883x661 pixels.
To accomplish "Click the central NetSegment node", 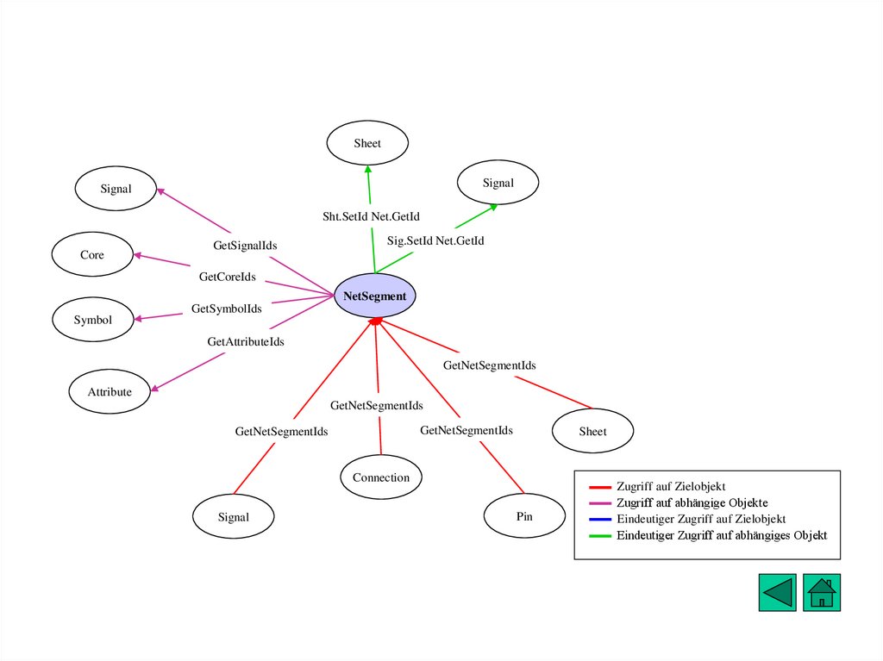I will click(x=374, y=296).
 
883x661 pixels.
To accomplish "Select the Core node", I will click(x=92, y=255).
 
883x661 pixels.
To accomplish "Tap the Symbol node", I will click(x=92, y=320).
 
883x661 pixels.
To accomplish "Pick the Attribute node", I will click(x=110, y=392).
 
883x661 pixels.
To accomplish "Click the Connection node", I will click(x=381, y=477).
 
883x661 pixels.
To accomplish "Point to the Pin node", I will click(x=524, y=517).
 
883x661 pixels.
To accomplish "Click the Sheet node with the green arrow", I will click(x=367, y=144).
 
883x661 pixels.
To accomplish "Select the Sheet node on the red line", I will click(x=592, y=432).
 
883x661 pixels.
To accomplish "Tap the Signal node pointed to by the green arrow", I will click(x=498, y=183).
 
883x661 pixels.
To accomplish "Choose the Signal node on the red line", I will click(x=233, y=517).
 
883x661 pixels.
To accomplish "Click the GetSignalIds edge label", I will click(x=245, y=246).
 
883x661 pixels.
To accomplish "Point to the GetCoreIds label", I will click(x=228, y=277).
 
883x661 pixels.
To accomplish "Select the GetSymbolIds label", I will click(x=226, y=309).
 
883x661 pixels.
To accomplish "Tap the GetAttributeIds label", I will click(x=246, y=342).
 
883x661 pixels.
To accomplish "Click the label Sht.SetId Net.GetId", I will click(x=371, y=216).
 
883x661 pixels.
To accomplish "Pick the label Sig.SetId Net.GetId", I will click(x=435, y=240).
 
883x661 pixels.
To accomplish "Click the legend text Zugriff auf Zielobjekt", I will click(x=671, y=487).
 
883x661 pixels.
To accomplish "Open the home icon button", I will click(x=822, y=593).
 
